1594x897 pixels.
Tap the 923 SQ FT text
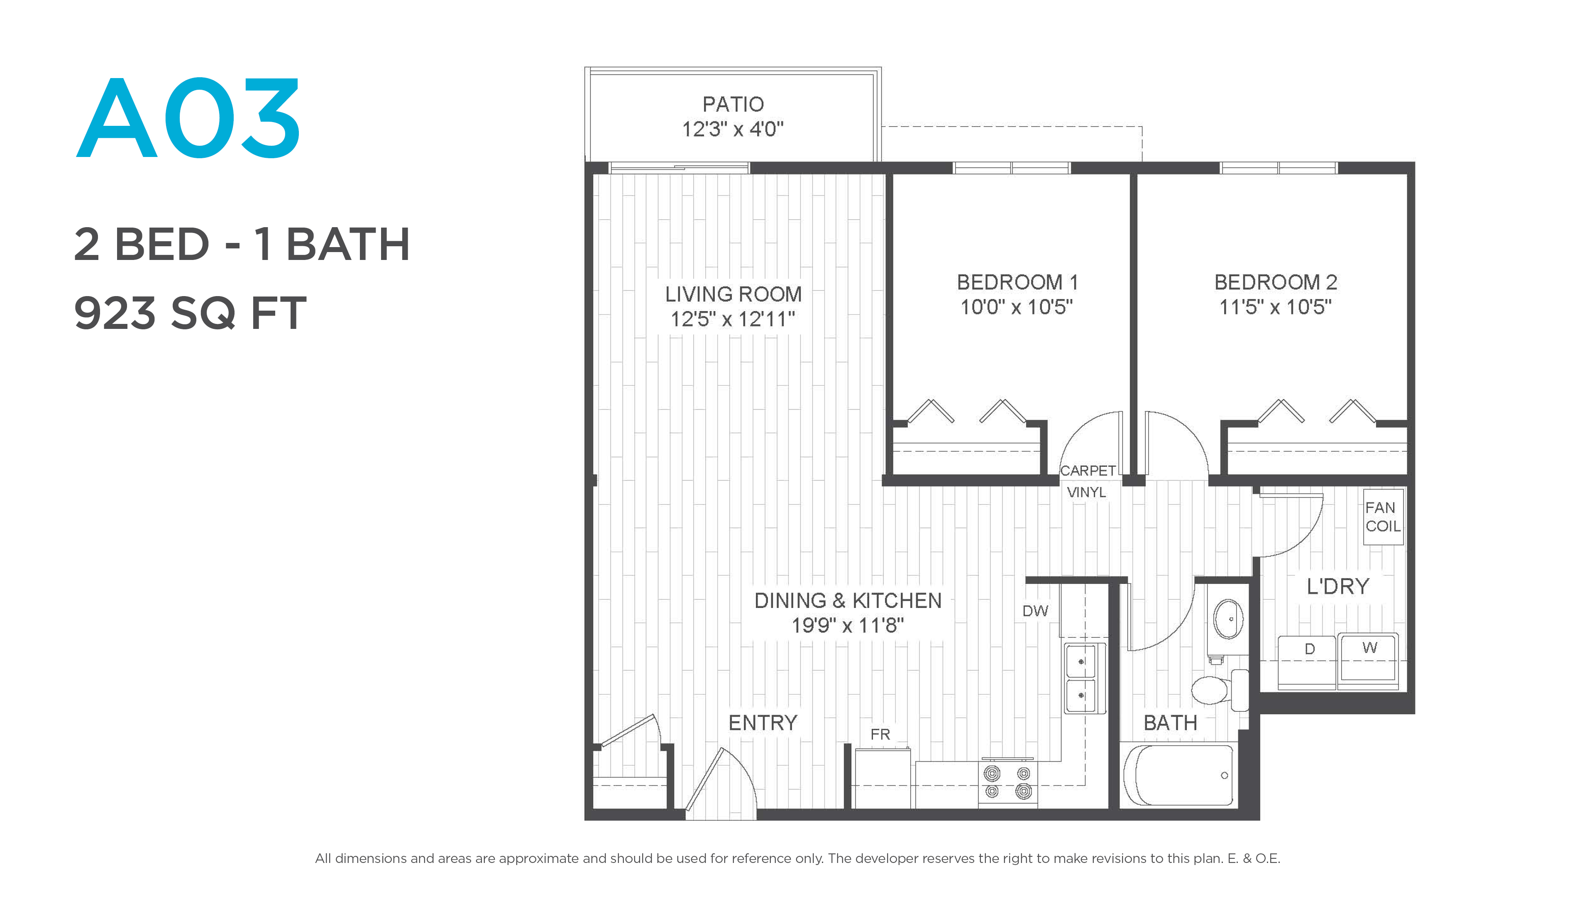[x=190, y=313]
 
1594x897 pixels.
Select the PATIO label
[x=733, y=104]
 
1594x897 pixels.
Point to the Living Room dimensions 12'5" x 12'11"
[x=733, y=319]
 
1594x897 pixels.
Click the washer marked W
[x=1368, y=661]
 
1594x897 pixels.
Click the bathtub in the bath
[x=1179, y=775]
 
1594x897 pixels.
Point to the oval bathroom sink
[x=1228, y=618]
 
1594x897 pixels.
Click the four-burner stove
[x=1008, y=782]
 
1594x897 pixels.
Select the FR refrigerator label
[x=880, y=734]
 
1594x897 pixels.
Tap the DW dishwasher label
[x=1035, y=611]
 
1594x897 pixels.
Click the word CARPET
[x=1088, y=471]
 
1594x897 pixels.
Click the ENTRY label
[x=763, y=723]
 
